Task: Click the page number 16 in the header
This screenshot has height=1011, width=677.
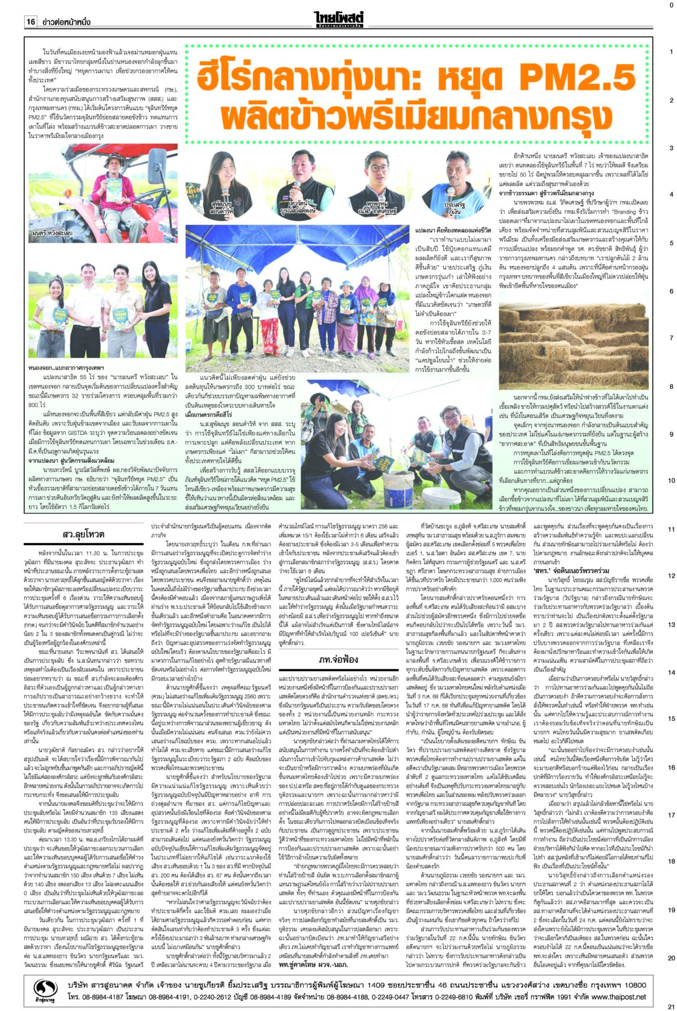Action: pyautogui.click(x=31, y=22)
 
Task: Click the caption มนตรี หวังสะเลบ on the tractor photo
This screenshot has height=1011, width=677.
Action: pyautogui.click(x=52, y=232)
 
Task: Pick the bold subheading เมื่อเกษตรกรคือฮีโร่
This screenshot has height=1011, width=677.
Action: pyautogui.click(x=210, y=415)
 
